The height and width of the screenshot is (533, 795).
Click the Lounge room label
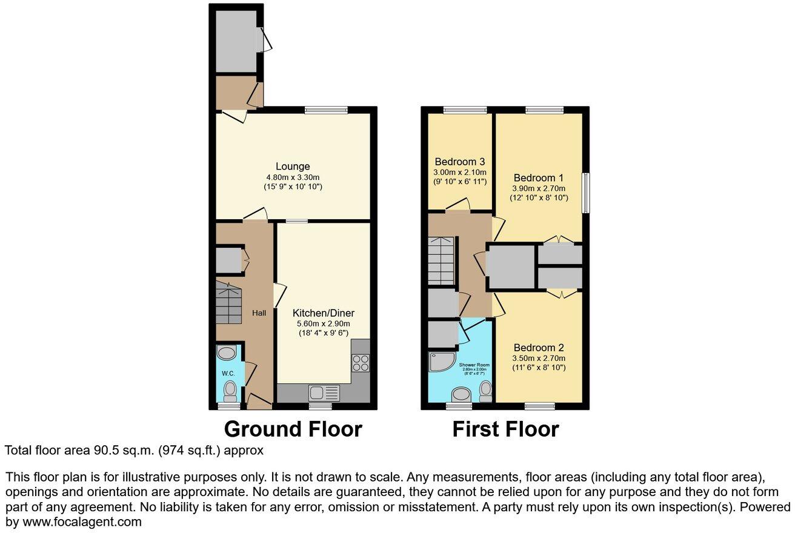click(293, 167)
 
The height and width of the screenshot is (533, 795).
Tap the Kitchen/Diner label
click(323, 313)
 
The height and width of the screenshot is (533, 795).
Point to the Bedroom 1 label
click(539, 178)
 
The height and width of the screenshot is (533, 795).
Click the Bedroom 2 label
click(539, 348)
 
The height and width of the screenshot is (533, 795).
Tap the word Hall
click(259, 313)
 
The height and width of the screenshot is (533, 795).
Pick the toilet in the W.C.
click(230, 391)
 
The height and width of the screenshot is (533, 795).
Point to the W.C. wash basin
click(228, 353)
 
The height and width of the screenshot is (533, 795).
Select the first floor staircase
click(441, 260)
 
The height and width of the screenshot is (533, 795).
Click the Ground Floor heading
click(293, 429)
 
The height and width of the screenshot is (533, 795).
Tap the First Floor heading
click(505, 429)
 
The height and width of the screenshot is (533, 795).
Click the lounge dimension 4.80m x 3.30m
click(293, 177)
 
